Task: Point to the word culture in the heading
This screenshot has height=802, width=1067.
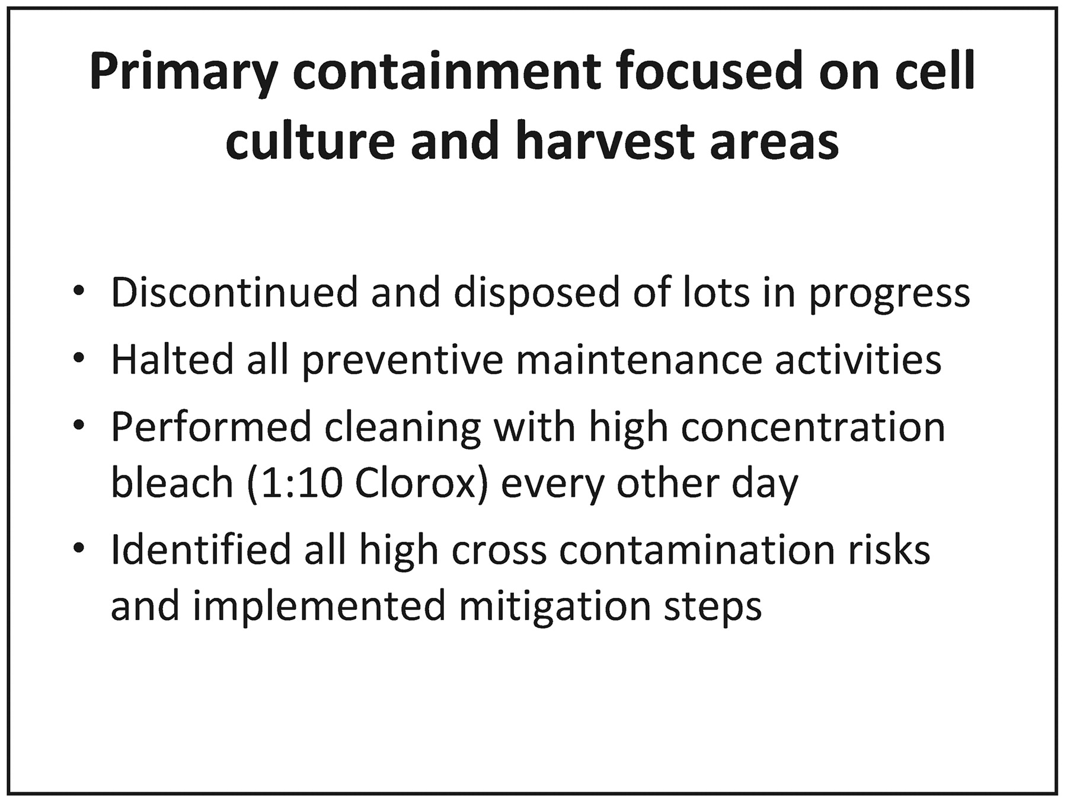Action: coord(310,142)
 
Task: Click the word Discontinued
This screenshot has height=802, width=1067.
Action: coord(235,292)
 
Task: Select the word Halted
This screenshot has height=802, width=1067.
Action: coord(172,359)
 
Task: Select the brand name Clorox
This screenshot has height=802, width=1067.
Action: coord(416,483)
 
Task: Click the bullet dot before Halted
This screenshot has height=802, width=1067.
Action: coord(79,359)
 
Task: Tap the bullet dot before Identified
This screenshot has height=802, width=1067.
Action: coord(79,550)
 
